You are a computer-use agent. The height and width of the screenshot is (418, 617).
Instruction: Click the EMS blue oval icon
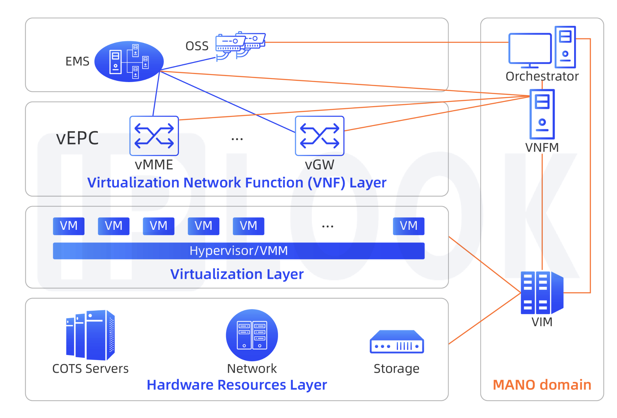tap(129, 61)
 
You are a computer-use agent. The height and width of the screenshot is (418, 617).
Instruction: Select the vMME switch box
tap(154, 136)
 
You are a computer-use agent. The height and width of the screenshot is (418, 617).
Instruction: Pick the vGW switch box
tap(320, 136)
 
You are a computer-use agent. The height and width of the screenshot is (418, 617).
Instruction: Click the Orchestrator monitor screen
tap(530, 48)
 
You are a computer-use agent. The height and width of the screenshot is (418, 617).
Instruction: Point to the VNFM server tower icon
tap(542, 114)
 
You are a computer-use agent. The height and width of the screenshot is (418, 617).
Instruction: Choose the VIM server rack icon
tap(542, 292)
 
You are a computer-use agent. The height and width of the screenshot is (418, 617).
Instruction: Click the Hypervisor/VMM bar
tap(238, 251)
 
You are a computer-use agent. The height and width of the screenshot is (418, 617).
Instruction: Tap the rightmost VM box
tap(408, 226)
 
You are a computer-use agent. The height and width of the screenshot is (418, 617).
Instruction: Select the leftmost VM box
tap(68, 226)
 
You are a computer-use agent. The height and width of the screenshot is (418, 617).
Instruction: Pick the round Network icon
tap(252, 335)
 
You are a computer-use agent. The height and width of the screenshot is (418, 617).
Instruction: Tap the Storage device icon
tap(397, 342)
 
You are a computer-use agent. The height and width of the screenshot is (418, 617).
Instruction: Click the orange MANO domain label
tap(542, 385)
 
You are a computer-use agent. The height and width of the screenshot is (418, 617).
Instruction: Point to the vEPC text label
tap(77, 138)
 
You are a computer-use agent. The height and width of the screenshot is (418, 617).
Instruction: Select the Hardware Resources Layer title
tap(237, 385)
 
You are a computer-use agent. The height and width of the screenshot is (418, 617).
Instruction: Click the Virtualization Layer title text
tap(237, 274)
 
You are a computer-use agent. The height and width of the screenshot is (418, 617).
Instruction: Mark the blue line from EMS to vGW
tap(228, 102)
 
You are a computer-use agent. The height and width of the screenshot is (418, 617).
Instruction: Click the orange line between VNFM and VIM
tap(542, 213)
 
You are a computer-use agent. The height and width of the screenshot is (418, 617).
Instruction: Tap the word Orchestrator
tap(542, 76)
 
